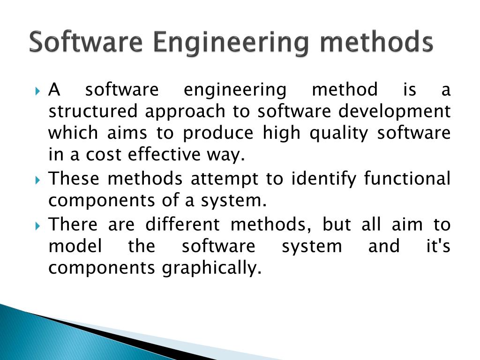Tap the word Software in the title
coord(86,42)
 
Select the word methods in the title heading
coord(374,42)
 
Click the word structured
coord(93,112)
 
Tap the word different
coord(182,225)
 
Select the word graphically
coord(211,269)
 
